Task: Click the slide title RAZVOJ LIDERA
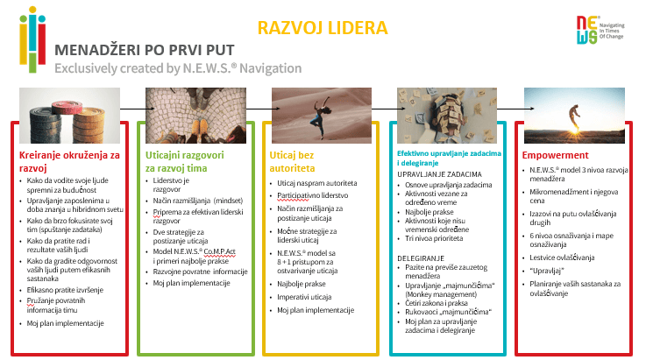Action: click(323, 28)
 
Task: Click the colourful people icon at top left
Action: click(32, 42)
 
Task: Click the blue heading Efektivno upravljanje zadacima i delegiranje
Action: click(447, 158)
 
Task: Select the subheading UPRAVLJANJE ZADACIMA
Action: click(438, 173)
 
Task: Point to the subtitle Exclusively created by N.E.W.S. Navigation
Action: click(177, 69)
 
